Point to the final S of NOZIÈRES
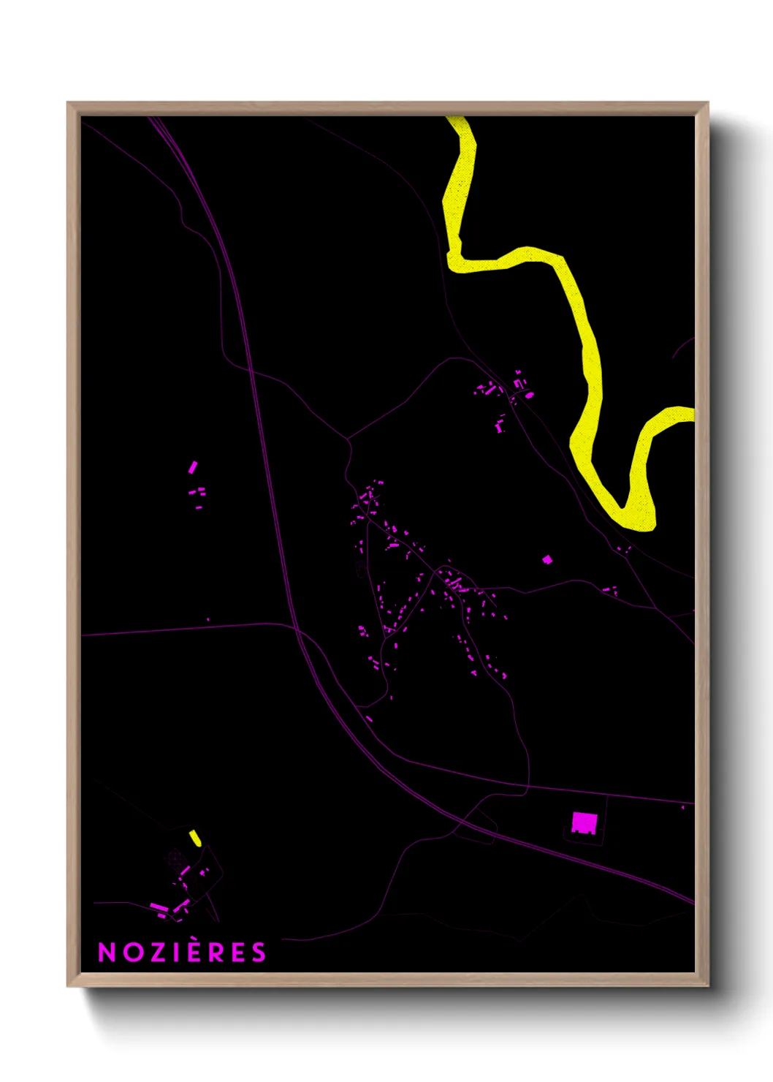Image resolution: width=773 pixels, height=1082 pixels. click(x=258, y=952)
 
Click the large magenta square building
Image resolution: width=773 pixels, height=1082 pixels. click(x=584, y=822)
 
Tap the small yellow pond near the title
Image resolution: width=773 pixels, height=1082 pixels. click(x=195, y=838)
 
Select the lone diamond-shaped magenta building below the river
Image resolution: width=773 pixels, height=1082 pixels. click(x=547, y=560)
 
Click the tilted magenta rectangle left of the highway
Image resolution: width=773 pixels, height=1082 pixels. click(x=193, y=467)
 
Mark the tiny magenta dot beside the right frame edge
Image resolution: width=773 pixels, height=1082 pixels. click(x=683, y=807)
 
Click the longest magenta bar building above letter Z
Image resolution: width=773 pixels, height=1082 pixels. click(x=159, y=908)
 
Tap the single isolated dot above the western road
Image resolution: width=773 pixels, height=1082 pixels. click(x=208, y=619)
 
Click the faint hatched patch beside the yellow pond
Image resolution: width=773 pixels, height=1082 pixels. click(x=174, y=858)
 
